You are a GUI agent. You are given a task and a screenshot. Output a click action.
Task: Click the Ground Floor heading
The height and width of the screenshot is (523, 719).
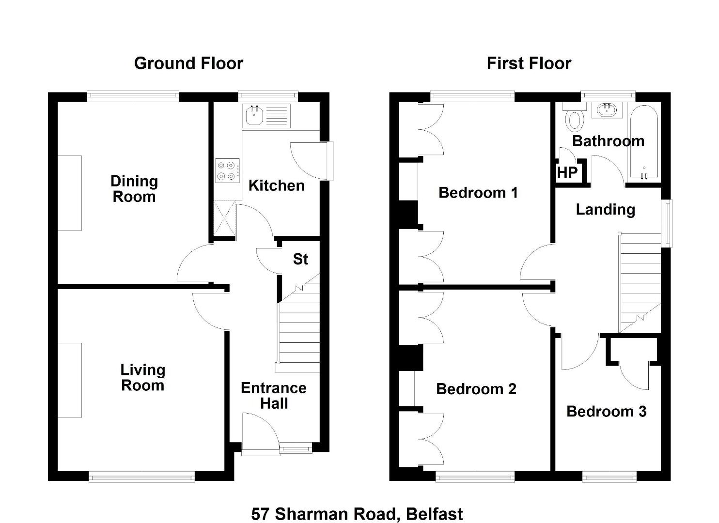[x=188, y=63]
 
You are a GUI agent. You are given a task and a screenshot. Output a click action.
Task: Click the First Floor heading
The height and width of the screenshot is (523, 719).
[x=529, y=63]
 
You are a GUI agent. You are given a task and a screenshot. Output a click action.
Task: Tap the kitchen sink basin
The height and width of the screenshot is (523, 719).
[x=254, y=115]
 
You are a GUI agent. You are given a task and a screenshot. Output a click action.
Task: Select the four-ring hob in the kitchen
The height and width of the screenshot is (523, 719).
[x=227, y=170]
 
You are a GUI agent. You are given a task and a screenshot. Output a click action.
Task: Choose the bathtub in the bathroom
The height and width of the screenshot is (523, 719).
[x=643, y=142]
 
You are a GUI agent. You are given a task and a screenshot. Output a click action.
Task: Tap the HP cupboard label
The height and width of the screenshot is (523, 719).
[x=567, y=172]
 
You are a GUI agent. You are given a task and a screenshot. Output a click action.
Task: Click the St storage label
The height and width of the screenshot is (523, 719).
[x=300, y=259]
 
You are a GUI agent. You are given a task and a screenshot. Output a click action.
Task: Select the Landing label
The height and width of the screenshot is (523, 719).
[x=605, y=210]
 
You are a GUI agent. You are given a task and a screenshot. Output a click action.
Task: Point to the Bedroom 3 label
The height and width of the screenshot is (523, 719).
[x=606, y=412]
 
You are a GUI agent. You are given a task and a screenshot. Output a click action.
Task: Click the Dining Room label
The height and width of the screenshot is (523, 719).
[x=134, y=189]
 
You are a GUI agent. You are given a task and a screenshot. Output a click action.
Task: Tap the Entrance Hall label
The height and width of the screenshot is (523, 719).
[x=274, y=396]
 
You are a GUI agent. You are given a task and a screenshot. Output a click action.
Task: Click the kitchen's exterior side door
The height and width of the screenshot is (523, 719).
[x=312, y=161]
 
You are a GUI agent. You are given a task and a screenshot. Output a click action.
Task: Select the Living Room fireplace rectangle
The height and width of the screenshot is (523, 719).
[x=70, y=380]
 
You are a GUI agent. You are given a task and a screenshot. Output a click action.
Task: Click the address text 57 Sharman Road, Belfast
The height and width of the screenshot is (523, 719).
[x=357, y=514]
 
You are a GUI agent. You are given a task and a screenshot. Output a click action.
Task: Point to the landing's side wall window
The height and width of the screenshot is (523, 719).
[x=669, y=223]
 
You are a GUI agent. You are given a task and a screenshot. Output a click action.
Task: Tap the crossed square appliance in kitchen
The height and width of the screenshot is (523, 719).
[x=224, y=218]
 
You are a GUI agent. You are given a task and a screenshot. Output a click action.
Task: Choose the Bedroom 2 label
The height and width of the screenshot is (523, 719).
[x=476, y=389]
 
